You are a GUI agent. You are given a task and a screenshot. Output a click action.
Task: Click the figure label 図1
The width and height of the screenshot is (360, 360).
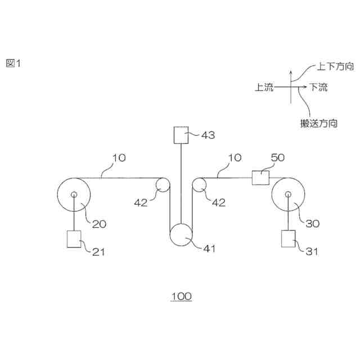click(x=13, y=64)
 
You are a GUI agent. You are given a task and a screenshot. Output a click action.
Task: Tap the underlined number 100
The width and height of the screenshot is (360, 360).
click(x=181, y=296)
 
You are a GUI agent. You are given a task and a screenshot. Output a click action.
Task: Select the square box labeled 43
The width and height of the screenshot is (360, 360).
click(x=181, y=135)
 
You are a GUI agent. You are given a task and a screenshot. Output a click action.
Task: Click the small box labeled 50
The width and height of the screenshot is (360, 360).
click(x=260, y=178)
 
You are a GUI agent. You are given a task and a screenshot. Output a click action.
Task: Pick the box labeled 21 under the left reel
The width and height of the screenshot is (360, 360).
click(x=74, y=239)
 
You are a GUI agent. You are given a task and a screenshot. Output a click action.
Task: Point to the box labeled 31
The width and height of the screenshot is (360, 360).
click(x=289, y=239)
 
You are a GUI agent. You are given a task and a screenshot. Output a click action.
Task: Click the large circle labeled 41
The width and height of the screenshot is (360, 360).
click(x=181, y=235)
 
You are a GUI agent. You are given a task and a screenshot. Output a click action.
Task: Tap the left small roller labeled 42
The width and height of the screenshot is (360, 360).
click(x=163, y=185)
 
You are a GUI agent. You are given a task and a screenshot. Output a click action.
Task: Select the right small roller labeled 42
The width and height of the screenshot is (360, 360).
click(x=199, y=185)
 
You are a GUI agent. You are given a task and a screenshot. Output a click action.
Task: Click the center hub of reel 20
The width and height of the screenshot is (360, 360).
click(x=74, y=195)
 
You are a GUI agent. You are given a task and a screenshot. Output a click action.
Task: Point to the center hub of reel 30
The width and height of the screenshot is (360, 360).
click(x=289, y=195)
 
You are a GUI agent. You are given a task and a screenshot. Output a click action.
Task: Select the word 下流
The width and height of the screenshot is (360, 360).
click(x=318, y=87)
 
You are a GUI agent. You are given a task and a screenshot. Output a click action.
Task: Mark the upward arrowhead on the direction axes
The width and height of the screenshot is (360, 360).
click(x=290, y=73)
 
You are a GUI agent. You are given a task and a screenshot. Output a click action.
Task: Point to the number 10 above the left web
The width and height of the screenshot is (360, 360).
click(x=118, y=158)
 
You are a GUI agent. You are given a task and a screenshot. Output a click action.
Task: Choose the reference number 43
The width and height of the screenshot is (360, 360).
click(x=208, y=135)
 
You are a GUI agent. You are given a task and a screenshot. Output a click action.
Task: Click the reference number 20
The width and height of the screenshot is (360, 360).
click(x=99, y=223)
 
